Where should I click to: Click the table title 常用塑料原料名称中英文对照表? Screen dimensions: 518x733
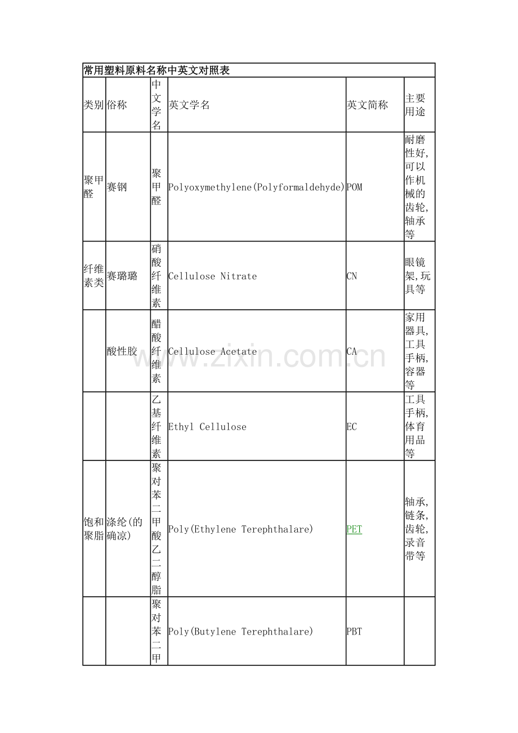click(157, 70)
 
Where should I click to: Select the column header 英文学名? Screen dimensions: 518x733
click(189, 105)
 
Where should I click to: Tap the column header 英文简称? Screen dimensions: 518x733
click(367, 105)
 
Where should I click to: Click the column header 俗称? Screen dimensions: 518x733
click(117, 105)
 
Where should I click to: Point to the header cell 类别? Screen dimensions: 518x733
click(93, 105)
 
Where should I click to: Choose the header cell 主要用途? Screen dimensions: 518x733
click(416, 105)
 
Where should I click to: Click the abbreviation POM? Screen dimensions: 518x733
click(354, 187)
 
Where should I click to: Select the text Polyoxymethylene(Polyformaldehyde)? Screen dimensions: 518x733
click(257, 187)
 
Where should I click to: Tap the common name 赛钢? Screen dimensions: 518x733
click(117, 187)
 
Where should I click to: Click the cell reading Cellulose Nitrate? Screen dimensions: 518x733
click(213, 276)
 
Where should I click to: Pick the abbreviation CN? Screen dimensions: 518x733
click(352, 276)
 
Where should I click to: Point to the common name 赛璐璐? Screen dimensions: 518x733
click(122, 276)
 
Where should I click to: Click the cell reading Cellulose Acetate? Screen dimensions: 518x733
click(213, 351)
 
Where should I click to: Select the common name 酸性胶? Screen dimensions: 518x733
click(122, 351)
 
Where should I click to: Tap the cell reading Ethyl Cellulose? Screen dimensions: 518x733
click(207, 427)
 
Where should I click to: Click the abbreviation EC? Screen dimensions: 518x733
click(352, 427)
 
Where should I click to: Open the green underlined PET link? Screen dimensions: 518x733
click(354, 529)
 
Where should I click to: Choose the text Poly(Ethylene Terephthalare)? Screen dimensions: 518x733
click(241, 529)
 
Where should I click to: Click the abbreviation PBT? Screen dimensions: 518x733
click(354, 632)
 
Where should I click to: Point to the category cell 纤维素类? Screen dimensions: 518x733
click(93, 276)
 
